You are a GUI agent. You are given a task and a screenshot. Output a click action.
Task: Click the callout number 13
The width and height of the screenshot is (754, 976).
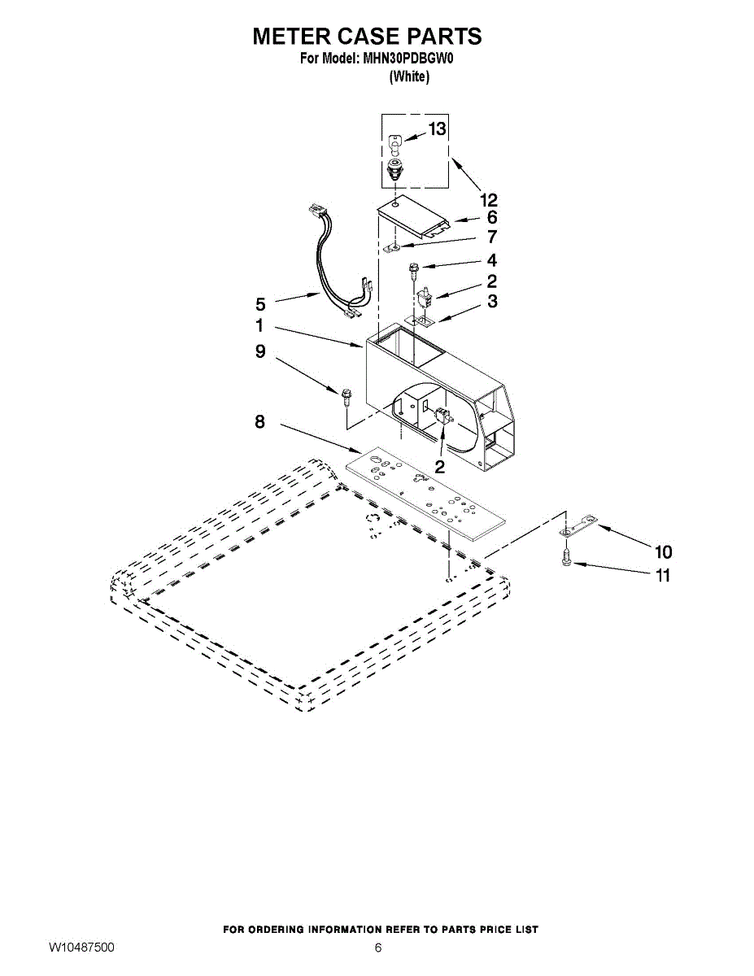(437, 129)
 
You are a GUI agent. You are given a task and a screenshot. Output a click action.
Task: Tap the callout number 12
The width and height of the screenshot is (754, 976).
(489, 200)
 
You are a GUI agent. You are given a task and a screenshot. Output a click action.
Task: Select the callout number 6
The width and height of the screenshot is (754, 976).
(492, 218)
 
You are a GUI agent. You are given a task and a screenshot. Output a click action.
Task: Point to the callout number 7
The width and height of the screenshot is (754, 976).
(492, 237)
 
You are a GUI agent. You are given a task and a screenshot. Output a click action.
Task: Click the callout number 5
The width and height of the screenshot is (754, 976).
(260, 304)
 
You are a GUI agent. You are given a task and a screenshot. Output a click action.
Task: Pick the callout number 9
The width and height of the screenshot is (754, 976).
(260, 351)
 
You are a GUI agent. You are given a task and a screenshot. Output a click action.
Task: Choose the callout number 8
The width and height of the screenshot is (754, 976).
(260, 422)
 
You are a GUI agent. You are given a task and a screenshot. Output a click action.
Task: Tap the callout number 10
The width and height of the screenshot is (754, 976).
(663, 552)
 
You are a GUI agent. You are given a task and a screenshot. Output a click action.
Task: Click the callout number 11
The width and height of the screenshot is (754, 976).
(663, 575)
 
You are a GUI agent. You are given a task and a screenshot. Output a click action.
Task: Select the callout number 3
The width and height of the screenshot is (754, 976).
(492, 301)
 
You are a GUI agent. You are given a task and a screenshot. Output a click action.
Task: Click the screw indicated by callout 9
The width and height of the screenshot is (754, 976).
(346, 397)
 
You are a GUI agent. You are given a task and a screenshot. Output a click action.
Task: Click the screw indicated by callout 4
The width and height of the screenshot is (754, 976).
(411, 269)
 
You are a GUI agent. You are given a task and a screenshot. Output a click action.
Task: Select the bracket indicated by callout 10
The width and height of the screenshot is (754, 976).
(577, 526)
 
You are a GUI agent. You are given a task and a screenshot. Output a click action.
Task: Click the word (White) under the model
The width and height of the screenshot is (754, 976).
(409, 76)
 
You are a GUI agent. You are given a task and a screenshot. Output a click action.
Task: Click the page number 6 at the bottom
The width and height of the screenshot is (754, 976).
(377, 948)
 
